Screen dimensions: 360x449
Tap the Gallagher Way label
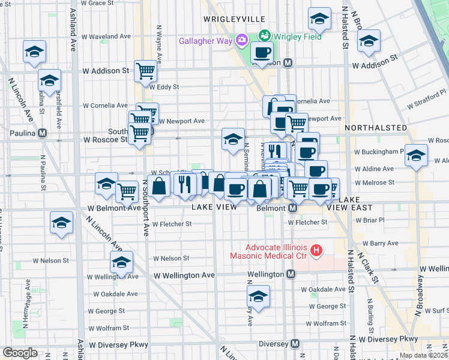click(x=205, y=41)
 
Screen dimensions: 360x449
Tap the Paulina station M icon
click(x=42, y=133)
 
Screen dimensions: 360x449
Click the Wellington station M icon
click(x=291, y=274)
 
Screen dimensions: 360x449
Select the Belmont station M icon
click(x=293, y=208)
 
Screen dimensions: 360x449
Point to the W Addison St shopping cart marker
click(x=146, y=71)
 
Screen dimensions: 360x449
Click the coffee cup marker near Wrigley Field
click(x=261, y=52)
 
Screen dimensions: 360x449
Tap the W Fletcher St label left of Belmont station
click(x=172, y=224)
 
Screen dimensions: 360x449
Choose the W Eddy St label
click(x=164, y=87)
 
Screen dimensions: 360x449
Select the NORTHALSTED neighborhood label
click(x=369, y=128)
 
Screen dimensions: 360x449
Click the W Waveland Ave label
click(x=106, y=37)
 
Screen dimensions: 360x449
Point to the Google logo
click(x=20, y=353)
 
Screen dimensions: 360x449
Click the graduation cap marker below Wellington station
click(x=259, y=296)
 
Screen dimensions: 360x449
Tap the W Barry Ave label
click(x=385, y=243)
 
